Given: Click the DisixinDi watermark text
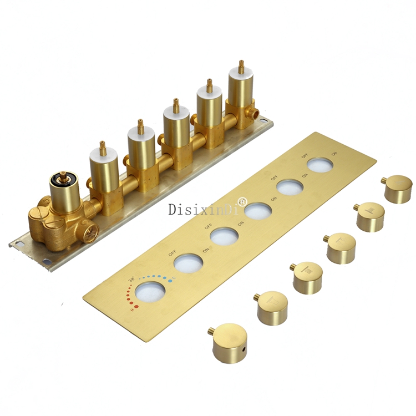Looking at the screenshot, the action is click(204, 209).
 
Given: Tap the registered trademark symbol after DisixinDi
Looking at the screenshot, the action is click(242, 201).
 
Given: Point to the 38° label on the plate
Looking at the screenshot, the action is click(131, 280).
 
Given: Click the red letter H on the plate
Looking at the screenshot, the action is click(132, 310).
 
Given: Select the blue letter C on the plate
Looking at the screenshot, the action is click(174, 278).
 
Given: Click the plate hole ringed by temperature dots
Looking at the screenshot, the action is click(150, 292).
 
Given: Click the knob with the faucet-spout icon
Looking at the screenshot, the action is click(272, 308).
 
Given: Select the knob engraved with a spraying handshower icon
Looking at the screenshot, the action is click(341, 248).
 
